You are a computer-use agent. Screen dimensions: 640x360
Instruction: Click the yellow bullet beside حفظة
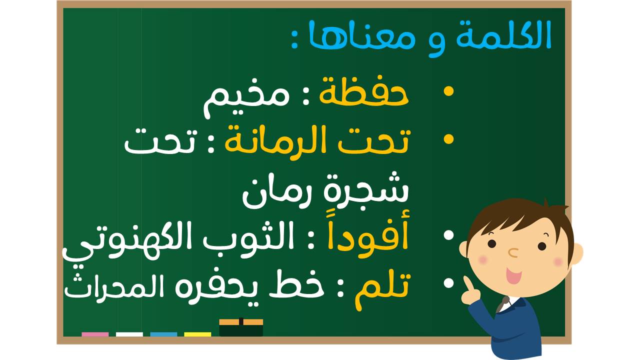point(448,91)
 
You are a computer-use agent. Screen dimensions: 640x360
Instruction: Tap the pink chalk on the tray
point(95,334)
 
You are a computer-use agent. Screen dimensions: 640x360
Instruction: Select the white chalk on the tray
point(129,334)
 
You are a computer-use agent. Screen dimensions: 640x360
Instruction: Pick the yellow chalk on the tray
point(197,334)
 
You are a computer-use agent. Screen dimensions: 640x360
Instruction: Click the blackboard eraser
point(241,327)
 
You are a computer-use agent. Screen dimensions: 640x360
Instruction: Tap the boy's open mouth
point(513,275)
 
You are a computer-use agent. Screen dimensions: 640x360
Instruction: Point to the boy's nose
point(513,252)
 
